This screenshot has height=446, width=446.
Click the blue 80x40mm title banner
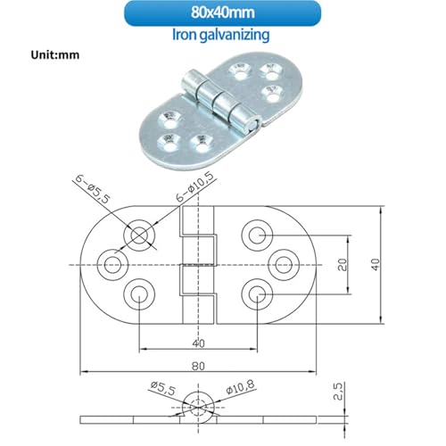point(222,13)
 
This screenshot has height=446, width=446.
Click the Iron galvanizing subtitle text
point(221,35)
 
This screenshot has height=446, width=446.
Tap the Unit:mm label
point(55,55)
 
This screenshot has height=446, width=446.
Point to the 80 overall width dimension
point(198,366)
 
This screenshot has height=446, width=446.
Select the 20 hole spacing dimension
point(343,265)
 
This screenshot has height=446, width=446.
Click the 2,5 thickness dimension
point(339,392)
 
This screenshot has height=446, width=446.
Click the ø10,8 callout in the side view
point(240,387)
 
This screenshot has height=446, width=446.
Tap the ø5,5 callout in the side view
point(163,388)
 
